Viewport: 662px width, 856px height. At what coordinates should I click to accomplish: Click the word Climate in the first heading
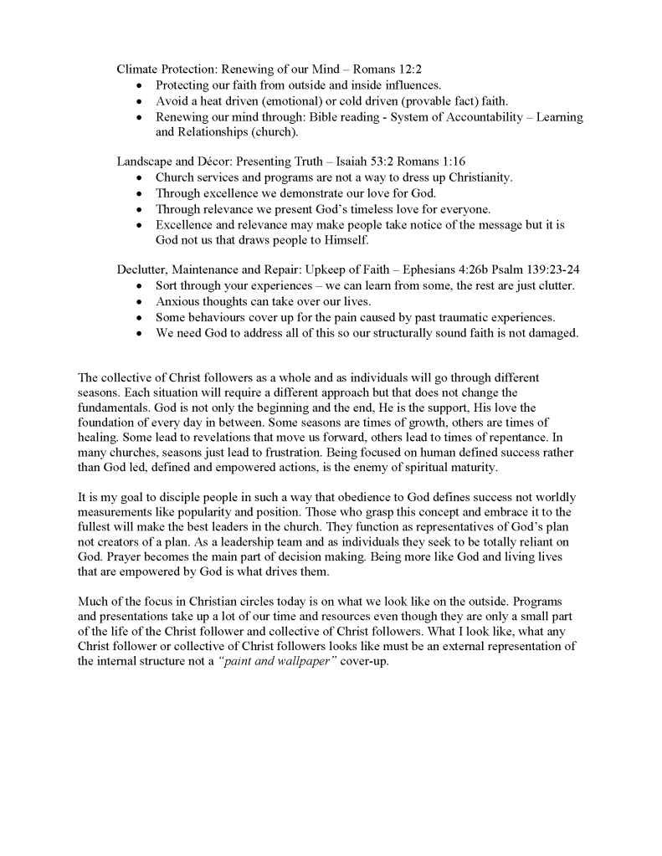[139, 69]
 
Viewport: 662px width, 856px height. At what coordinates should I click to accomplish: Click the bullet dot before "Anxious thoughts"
[139, 302]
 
